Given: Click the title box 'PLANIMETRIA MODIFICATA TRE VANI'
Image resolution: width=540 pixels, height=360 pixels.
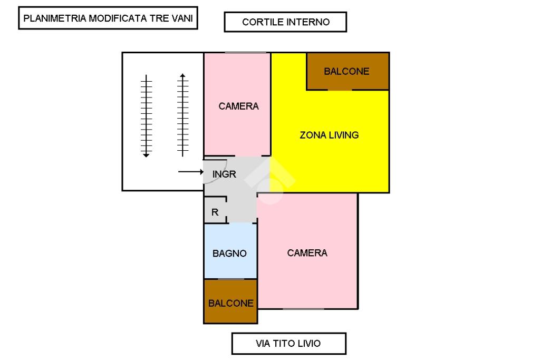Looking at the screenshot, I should (x=108, y=20).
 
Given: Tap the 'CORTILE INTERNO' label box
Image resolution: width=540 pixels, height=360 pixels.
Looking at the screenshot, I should (x=285, y=22).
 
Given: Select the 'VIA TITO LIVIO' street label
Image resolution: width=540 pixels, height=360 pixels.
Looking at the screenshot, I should (x=288, y=344).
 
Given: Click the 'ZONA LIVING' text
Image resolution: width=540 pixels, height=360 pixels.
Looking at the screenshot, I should (x=329, y=135).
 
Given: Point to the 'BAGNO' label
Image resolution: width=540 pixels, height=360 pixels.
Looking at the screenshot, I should (x=229, y=254).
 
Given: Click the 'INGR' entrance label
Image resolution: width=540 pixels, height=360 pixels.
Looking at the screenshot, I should (x=224, y=174).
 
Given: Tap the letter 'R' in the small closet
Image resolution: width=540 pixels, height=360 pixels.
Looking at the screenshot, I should (x=215, y=213).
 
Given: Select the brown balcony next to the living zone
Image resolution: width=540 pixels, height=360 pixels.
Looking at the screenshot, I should (x=348, y=71).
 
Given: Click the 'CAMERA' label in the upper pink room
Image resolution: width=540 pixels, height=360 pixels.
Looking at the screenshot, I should (x=238, y=106).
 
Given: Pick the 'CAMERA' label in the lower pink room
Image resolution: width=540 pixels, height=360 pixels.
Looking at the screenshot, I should (x=307, y=253).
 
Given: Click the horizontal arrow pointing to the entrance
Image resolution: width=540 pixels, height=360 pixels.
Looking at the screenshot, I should (x=191, y=172).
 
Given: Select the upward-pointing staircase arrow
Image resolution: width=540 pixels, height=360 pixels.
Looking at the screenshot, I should (x=182, y=114).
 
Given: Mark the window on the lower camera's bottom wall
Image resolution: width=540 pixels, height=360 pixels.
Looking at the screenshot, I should (x=303, y=308).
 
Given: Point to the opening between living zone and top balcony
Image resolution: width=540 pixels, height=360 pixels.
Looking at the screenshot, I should (x=340, y=90).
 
